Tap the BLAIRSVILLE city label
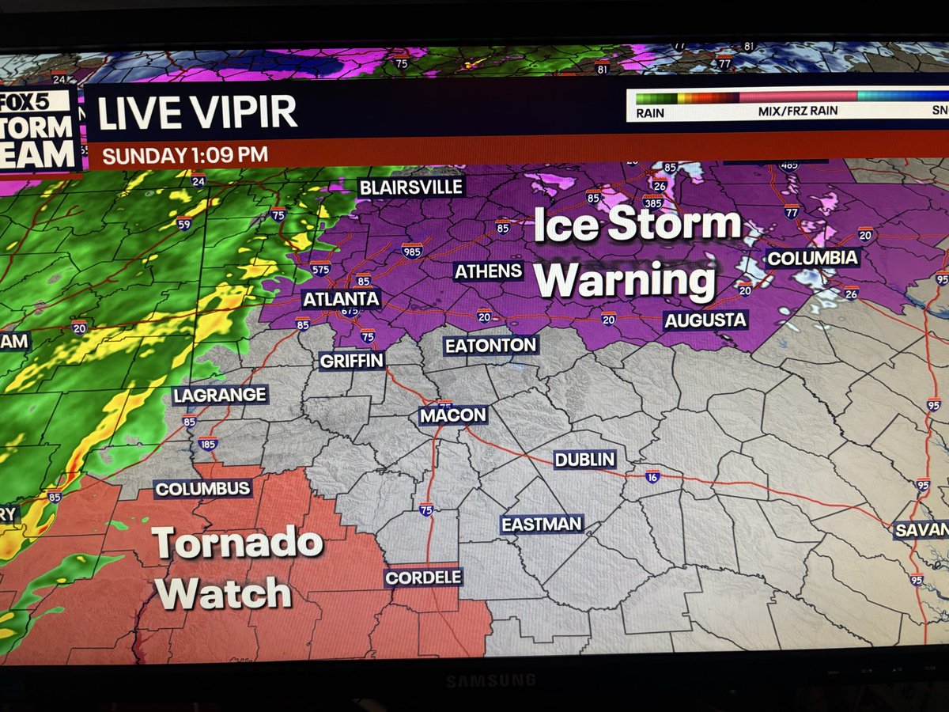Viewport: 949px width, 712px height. point(410,187)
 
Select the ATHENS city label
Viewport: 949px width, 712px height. point(488,271)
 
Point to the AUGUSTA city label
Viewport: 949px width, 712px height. point(705,320)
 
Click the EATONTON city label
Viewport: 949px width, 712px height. point(490,345)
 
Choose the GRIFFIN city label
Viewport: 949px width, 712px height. point(351,361)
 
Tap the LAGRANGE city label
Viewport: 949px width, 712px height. point(221,395)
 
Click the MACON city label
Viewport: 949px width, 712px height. point(453,415)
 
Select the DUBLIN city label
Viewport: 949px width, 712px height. point(584,459)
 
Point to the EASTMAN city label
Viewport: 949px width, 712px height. point(542,524)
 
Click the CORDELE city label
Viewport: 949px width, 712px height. point(423,577)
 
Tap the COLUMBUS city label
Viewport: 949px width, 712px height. point(202,489)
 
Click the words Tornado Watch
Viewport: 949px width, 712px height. point(235,568)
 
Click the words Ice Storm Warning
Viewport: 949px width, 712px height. point(633,253)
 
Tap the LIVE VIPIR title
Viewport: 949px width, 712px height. point(198,115)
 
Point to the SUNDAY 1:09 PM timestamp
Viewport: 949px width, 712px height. point(185,155)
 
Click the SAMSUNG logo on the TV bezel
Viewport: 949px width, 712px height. point(479,680)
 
